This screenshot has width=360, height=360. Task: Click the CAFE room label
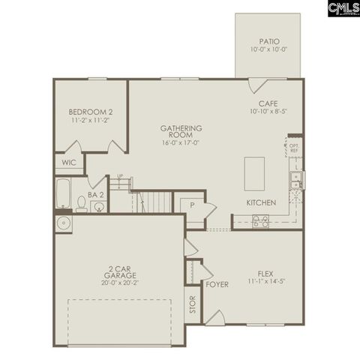(x=268, y=103)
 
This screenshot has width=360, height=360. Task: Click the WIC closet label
(x=69, y=162)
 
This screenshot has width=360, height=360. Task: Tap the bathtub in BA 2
(x=63, y=194)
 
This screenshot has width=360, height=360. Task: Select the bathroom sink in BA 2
(x=97, y=206)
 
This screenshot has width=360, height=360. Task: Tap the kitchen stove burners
(x=260, y=221)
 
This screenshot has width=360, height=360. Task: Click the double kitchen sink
(x=296, y=180)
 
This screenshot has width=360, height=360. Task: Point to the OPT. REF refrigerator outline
(x=293, y=148)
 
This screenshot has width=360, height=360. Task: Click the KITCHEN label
(x=262, y=203)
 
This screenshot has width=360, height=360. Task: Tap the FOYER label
(x=217, y=285)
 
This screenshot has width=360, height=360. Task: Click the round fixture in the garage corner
(x=62, y=223)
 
